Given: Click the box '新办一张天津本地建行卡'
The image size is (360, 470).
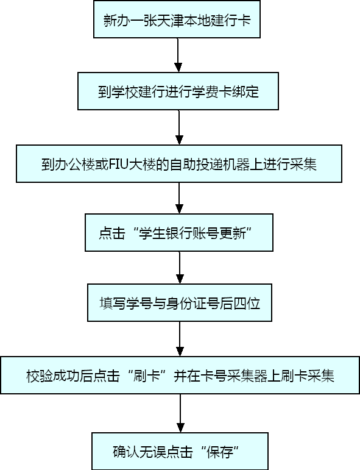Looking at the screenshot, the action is pyautogui.click(x=177, y=19).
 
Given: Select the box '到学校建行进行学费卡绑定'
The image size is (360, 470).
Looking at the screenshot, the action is pyautogui.click(x=178, y=91).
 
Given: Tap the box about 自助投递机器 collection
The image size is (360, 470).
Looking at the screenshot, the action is pyautogui.click(x=179, y=163).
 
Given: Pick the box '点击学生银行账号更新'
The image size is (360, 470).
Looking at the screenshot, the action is pyautogui.click(x=179, y=232).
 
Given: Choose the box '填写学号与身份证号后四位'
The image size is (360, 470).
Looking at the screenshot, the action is pyautogui.click(x=180, y=303).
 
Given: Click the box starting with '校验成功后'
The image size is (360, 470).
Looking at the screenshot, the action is pyautogui.click(x=180, y=375).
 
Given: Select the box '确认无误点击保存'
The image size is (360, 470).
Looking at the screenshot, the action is pyautogui.click(x=180, y=451).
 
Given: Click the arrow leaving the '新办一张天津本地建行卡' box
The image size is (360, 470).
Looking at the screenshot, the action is pyautogui.click(x=178, y=55).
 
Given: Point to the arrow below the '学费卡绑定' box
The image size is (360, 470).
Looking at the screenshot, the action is pyautogui.click(x=179, y=127).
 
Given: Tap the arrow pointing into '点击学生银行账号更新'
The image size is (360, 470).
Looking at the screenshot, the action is pyautogui.click(x=179, y=198).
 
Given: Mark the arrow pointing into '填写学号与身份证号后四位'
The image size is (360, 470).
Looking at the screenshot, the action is pyautogui.click(x=180, y=268).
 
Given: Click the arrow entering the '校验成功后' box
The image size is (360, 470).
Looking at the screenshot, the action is pyautogui.click(x=180, y=339).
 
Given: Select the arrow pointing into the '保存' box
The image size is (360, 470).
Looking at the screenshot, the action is pyautogui.click(x=180, y=413).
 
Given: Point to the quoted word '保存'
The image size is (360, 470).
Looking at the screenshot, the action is pyautogui.click(x=220, y=452).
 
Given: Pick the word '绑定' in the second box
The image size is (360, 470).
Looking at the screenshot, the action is pyautogui.click(x=245, y=91).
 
